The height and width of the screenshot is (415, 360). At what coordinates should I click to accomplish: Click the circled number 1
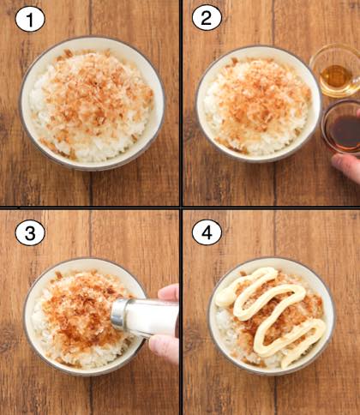click(30, 19)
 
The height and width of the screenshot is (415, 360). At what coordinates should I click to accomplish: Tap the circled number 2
click(207, 18)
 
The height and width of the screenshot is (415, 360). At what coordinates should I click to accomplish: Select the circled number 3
click(30, 233)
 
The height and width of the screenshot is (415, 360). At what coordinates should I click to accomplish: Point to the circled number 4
click(207, 232)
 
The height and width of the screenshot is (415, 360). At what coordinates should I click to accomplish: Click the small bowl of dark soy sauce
click(341, 128)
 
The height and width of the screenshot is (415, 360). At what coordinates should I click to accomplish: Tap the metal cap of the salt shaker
click(119, 315)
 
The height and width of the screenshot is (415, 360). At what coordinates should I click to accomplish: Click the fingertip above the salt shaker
click(169, 292)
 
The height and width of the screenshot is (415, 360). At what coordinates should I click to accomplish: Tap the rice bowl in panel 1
click(92, 104)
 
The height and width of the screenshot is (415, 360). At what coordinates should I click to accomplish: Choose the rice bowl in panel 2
click(259, 105)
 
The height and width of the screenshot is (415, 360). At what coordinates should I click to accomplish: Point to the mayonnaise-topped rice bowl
click(272, 316)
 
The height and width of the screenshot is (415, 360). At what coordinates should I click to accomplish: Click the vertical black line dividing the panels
click(181, 207)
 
